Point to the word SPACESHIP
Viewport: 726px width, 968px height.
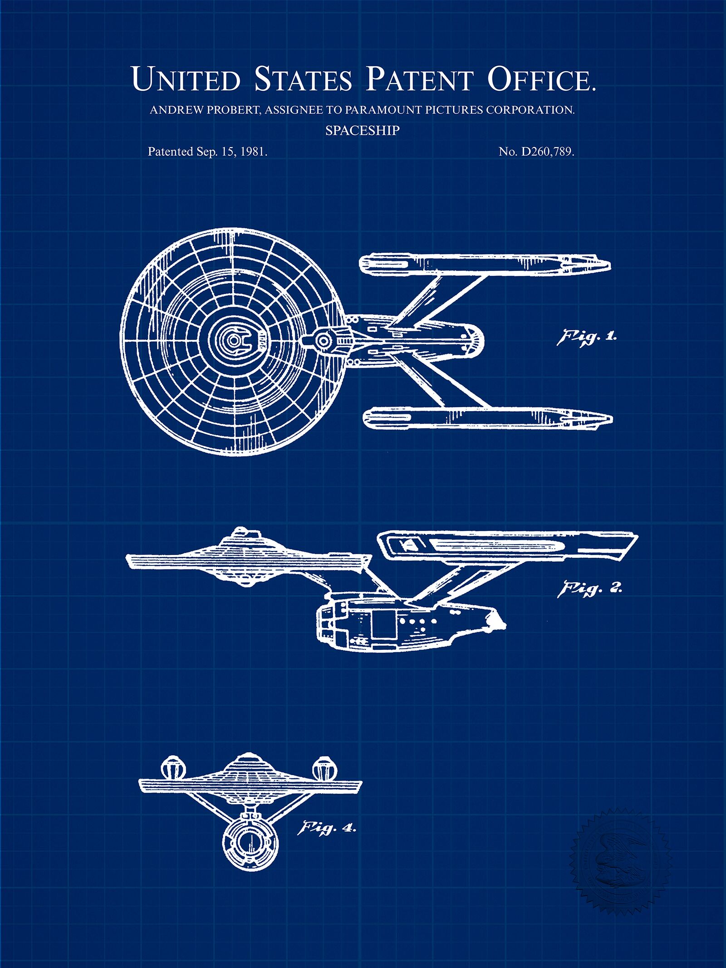(363, 131)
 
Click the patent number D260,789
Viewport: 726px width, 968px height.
(548, 152)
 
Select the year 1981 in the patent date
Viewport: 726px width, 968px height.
(252, 152)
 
